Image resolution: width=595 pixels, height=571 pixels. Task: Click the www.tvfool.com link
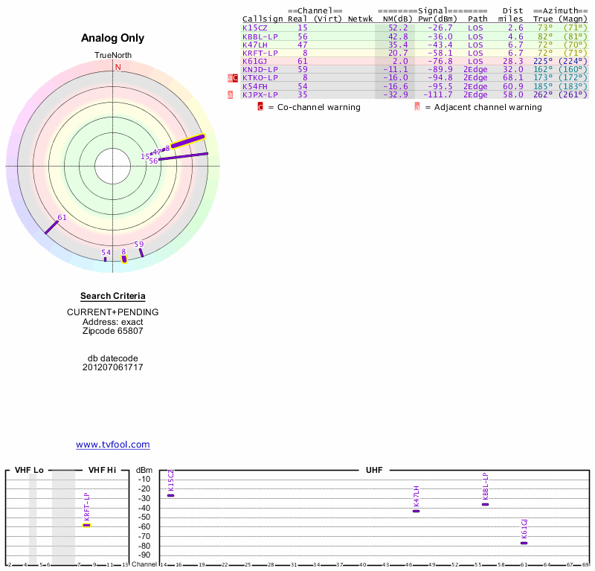coord(113,445)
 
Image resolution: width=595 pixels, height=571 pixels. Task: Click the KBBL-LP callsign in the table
coord(260,36)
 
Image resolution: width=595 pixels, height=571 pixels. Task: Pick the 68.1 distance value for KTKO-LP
coord(512,78)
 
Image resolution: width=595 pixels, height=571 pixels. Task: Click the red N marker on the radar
coord(118,67)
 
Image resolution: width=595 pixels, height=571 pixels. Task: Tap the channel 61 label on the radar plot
coord(62,217)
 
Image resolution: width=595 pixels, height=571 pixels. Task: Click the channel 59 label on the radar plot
coord(139,244)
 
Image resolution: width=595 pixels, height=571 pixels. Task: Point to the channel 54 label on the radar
coord(106,253)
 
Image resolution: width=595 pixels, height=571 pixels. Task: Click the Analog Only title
coord(112,39)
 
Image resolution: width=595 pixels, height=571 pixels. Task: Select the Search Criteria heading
coord(113,296)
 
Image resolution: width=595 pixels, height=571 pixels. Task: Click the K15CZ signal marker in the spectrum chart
coord(171,495)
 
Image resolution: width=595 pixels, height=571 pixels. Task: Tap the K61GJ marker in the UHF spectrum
coord(524,543)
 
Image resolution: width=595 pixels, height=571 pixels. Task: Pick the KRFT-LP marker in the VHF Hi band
coord(86,525)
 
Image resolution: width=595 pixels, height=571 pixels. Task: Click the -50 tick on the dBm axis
coord(144,517)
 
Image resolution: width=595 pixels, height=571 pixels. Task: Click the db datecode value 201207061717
coord(113,367)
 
